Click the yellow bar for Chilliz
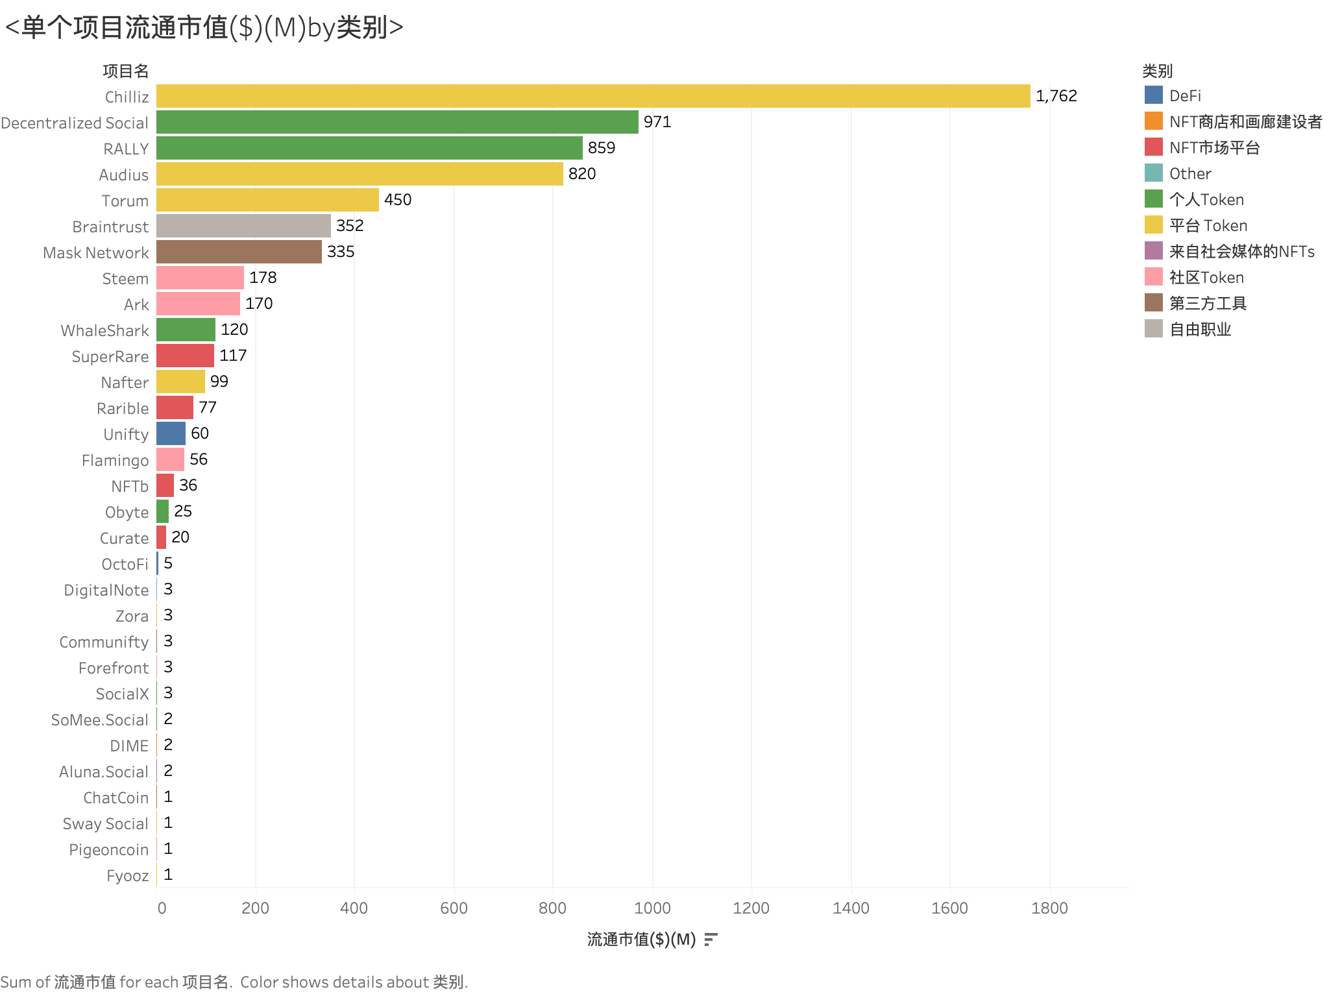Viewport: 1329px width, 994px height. (x=593, y=96)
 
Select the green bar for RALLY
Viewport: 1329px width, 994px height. (x=369, y=148)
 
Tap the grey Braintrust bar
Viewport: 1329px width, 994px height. (x=243, y=226)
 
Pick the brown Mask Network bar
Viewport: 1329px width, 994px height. (x=239, y=252)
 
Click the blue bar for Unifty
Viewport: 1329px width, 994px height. (x=171, y=433)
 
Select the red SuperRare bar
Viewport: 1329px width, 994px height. (x=185, y=356)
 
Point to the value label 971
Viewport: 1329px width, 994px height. (x=657, y=122)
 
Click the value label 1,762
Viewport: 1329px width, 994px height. (x=1056, y=96)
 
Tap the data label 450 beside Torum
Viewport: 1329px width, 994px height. (x=398, y=200)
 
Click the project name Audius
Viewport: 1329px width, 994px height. (x=123, y=175)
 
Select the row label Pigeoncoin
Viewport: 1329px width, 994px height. (x=108, y=849)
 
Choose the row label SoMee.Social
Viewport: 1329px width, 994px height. (x=100, y=720)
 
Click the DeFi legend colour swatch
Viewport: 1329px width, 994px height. (x=1153, y=95)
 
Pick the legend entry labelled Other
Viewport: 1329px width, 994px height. (x=1189, y=173)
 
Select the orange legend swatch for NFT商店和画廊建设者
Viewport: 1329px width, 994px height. (x=1153, y=121)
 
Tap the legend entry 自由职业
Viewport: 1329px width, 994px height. (x=1200, y=330)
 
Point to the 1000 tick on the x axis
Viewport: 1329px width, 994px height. (x=652, y=908)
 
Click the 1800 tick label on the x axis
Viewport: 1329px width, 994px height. (x=1049, y=908)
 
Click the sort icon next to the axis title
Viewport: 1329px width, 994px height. (x=711, y=939)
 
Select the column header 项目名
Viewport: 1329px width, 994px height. (x=125, y=71)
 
